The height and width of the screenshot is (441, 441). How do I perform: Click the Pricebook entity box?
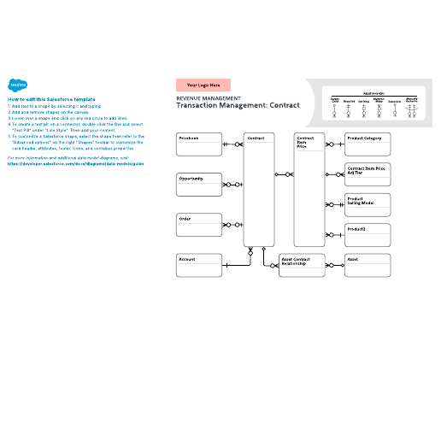pos(198,144)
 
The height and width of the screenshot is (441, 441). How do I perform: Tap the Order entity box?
pos(198,226)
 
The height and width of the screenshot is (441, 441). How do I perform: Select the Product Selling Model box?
pos(367,204)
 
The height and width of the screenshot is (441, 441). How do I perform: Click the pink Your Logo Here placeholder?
pos(203,85)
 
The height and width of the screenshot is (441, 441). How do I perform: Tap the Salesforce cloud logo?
pos(17,85)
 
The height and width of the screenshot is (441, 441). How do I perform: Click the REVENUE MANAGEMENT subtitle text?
pos(203,98)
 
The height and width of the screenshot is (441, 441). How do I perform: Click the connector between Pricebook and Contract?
pos(232,144)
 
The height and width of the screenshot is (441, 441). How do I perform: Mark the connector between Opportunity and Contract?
pos(232,185)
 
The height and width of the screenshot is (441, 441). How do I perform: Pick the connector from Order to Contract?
pos(232,226)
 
